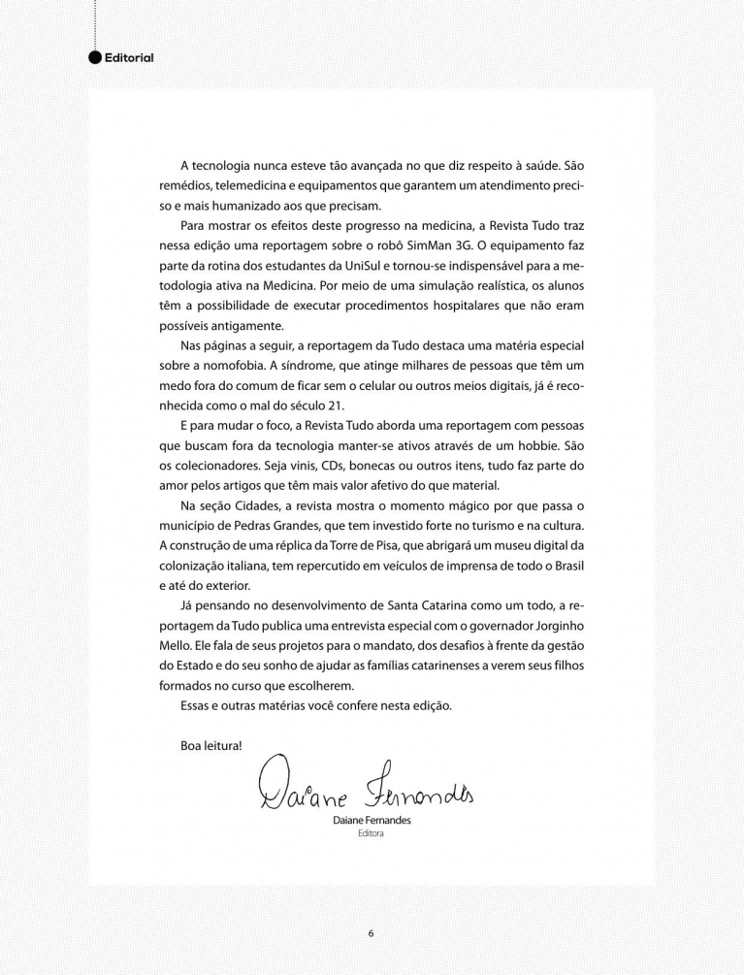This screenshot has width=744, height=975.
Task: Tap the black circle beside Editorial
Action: tap(94, 57)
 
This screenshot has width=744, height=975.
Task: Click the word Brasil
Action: tap(563, 567)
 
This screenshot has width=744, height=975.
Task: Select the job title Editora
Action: tap(371, 832)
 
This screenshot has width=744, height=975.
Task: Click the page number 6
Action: tap(371, 933)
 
